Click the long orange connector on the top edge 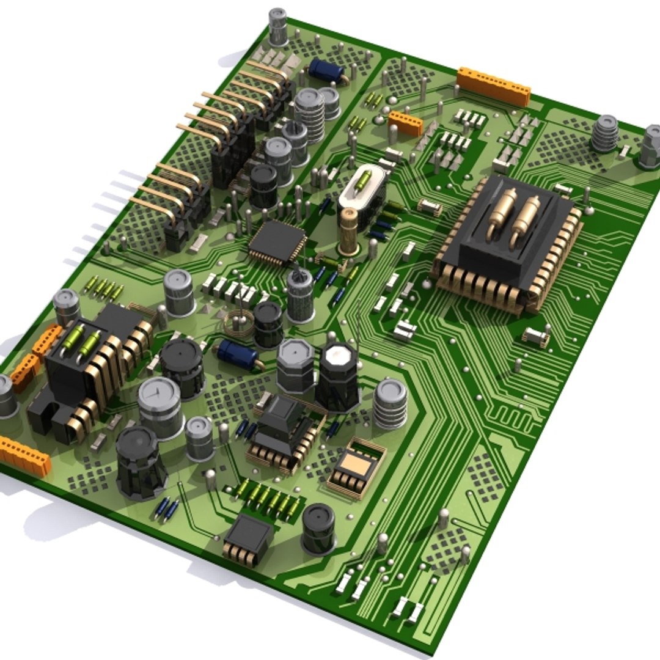pos(494,86)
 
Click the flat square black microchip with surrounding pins pos(277,242)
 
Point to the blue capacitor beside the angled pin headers pos(326,71)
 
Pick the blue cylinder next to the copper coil pos(237,355)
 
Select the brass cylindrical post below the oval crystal pos(349,230)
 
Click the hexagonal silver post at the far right pos(650,147)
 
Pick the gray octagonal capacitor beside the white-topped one pos(296,365)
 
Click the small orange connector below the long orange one pos(405,122)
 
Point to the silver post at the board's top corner pos(278,26)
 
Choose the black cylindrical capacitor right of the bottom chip pos(318,527)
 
